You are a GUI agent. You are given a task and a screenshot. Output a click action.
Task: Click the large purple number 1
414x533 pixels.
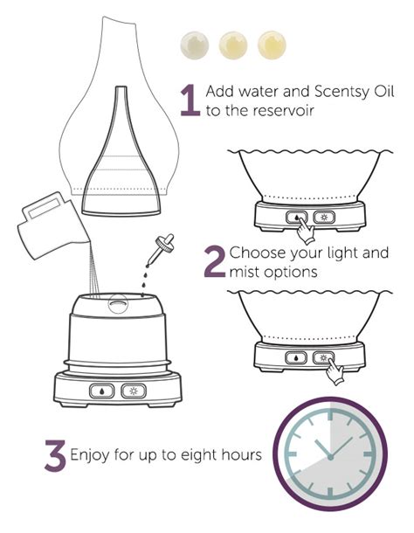coord(188,101)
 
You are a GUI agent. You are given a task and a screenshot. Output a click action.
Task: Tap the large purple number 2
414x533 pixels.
coord(215,261)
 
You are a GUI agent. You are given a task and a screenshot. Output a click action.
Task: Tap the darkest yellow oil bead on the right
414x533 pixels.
coord(271,44)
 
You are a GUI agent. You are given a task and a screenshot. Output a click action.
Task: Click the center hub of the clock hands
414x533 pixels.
coord(334,456)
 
